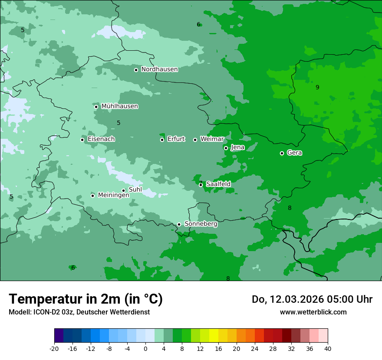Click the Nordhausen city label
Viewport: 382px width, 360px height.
pos(159,69)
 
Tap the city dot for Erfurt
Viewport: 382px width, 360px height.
pos(162,140)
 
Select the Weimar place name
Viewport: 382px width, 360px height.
pos(212,139)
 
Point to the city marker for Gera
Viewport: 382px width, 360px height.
pos(282,153)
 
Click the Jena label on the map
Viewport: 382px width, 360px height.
pos(237,147)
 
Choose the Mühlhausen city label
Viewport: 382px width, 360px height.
pos(119,106)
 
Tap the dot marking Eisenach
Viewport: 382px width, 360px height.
pos(82,140)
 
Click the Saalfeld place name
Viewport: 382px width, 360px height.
pos(218,184)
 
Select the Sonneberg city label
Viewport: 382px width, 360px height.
pos(201,224)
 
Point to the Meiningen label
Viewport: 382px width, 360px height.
pos(113,195)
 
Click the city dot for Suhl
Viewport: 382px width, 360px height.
pos(123,190)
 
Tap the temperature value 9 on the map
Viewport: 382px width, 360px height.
pos(317,88)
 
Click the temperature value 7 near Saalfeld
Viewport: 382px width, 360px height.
pos(200,183)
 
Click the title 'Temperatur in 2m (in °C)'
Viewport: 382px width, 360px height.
pos(86,299)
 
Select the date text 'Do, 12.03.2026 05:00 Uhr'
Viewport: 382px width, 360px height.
pos(312,299)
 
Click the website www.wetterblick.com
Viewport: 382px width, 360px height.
pos(313,312)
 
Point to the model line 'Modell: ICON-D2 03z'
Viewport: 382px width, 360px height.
pos(79,312)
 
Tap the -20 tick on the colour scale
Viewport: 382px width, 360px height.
pos(54,348)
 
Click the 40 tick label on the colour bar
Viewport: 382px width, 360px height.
pos(327,348)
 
